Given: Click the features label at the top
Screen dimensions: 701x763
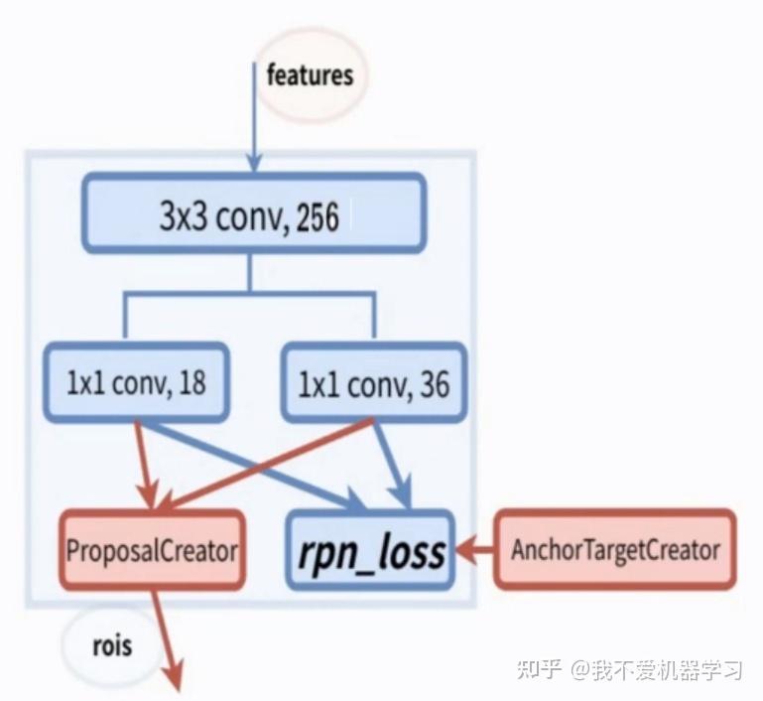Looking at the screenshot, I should pyautogui.click(x=310, y=75).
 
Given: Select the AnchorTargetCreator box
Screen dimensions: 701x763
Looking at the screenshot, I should pyautogui.click(x=615, y=549).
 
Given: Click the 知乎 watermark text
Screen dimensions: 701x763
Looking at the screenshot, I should pyautogui.click(x=540, y=669).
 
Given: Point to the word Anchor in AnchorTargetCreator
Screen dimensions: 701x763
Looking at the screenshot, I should pyautogui.click(x=544, y=549).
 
